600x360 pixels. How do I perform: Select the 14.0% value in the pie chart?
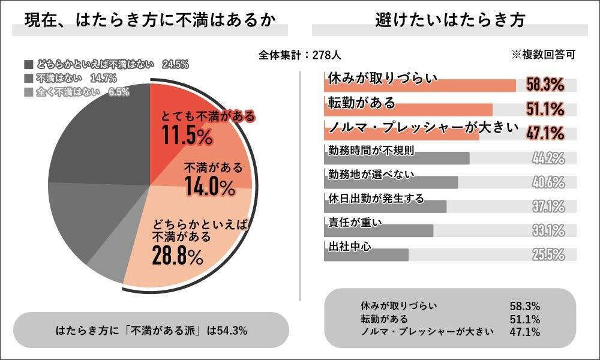[209, 187]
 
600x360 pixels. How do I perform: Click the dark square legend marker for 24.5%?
[29, 64]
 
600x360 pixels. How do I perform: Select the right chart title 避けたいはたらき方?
[449, 20]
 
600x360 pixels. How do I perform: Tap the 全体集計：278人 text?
[300, 55]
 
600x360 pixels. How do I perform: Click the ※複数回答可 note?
[543, 55]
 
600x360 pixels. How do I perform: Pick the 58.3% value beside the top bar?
[545, 85]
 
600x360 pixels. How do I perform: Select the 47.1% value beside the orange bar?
[545, 133]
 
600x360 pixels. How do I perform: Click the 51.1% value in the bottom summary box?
[524, 319]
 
